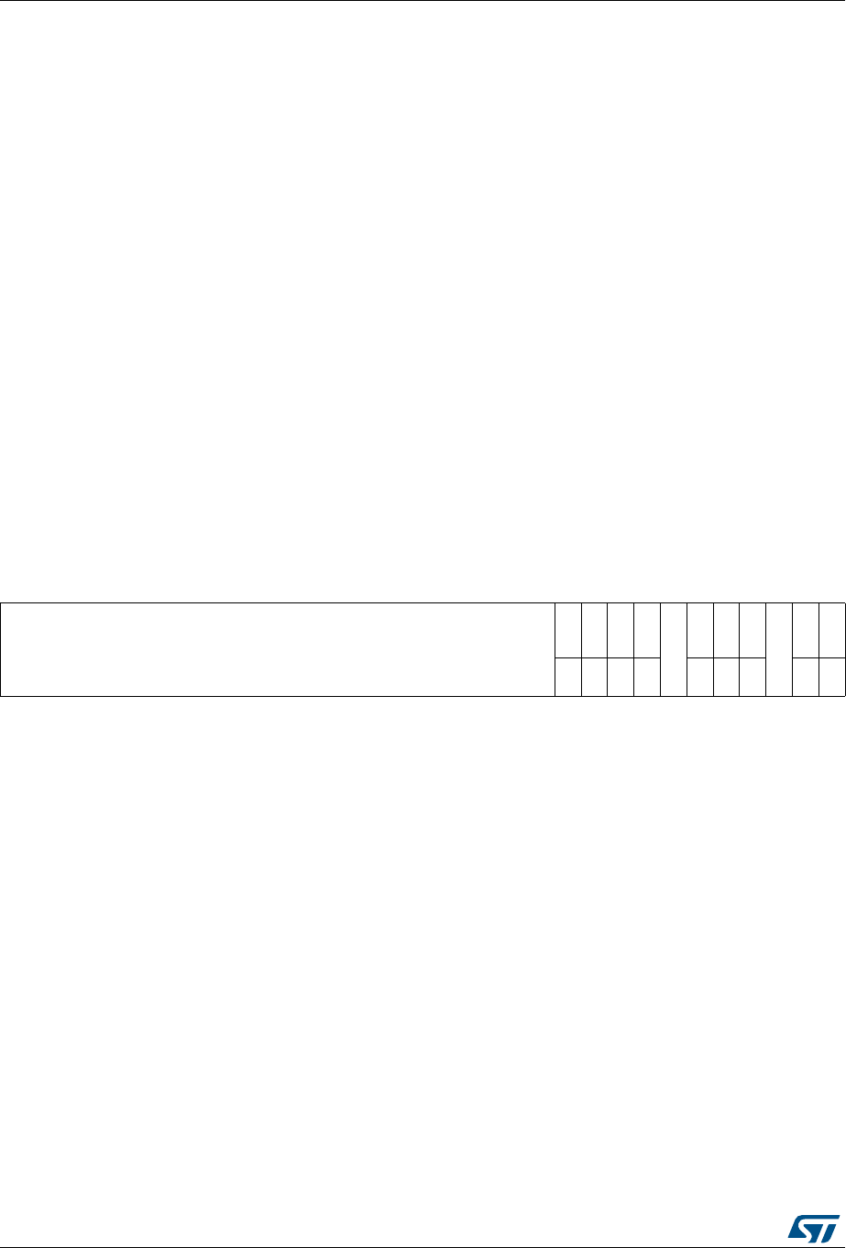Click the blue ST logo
[814, 1229]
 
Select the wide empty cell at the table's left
[278, 649]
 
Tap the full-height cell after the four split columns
[674, 649]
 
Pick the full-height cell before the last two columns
[778, 649]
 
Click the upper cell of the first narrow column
[568, 630]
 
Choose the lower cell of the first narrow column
[568, 677]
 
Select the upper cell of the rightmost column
[832, 630]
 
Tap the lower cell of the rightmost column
[832, 677]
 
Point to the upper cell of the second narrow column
[594, 630]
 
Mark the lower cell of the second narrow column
[594, 677]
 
